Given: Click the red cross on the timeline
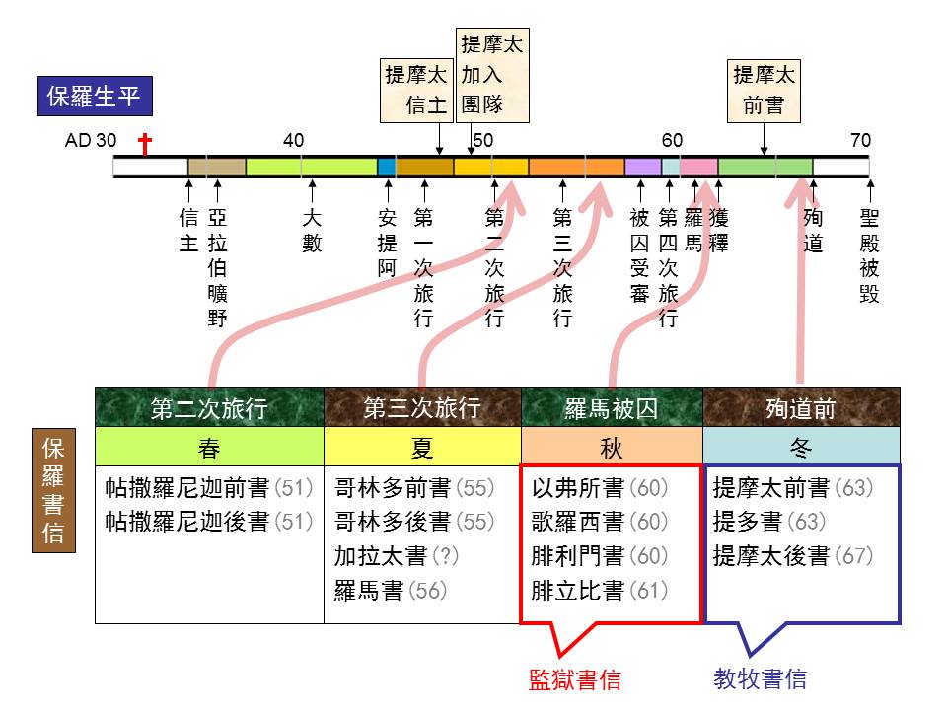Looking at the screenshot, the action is pos(144,144).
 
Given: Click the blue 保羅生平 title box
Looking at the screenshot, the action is pos(95,96).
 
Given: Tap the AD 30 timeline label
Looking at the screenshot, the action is pos(91,141).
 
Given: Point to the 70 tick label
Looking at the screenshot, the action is pos(860,141).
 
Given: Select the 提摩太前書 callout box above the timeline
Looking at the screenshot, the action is pos(764,91).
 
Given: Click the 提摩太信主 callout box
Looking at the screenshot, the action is pos(416,91).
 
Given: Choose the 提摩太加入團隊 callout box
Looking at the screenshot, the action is pos(492,76).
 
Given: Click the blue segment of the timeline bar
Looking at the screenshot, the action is pos(387,166).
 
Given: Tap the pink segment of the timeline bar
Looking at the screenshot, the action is pos(698,166).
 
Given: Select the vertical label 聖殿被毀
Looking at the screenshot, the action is pos(870,255).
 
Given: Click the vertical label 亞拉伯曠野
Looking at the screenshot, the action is pos(217,267).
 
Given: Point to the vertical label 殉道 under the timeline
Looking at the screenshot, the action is pos(813,230).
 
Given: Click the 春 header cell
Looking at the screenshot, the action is pos(209,447).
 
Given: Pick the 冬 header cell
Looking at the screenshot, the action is pos(801,447).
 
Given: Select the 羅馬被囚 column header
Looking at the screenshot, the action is pos(612,408).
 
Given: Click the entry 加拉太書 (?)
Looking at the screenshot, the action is pos(397,556).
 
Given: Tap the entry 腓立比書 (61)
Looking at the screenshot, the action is pos(599,591).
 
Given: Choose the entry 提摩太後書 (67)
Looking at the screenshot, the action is pos(793,556).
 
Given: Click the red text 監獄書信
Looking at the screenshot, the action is pos(574,679).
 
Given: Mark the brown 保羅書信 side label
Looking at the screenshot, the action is pos(53,490).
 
